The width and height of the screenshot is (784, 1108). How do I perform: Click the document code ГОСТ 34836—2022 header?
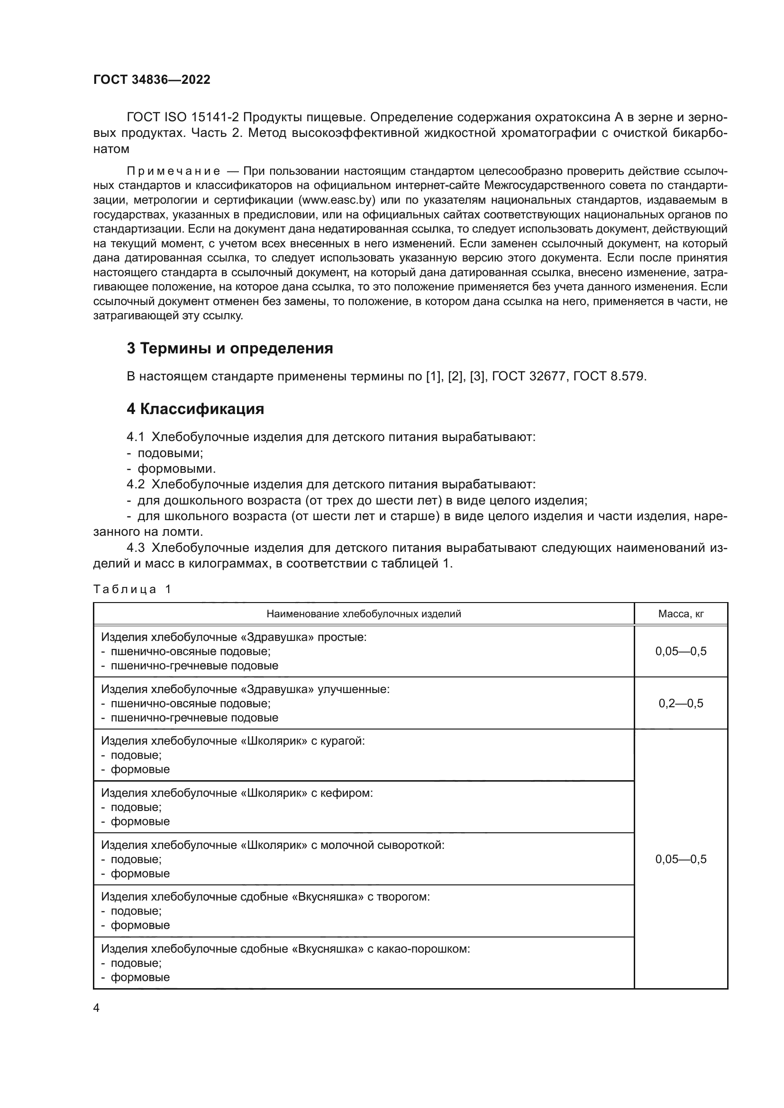[x=152, y=80]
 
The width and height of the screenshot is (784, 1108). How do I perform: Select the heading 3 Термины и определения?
[x=230, y=349]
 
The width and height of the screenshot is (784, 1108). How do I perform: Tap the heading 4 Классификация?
[x=195, y=409]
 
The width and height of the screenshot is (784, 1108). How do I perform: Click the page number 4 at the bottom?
[x=96, y=1008]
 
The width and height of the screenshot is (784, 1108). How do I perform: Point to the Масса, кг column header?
[x=681, y=614]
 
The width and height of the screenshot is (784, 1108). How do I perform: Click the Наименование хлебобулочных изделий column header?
[x=364, y=614]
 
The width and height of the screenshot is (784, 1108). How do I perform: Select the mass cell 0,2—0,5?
[x=681, y=703]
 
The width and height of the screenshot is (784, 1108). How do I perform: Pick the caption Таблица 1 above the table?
[x=132, y=589]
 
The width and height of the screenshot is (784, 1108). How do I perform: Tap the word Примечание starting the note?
[x=173, y=171]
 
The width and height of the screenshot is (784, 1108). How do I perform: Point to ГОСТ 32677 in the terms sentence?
[x=529, y=377]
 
